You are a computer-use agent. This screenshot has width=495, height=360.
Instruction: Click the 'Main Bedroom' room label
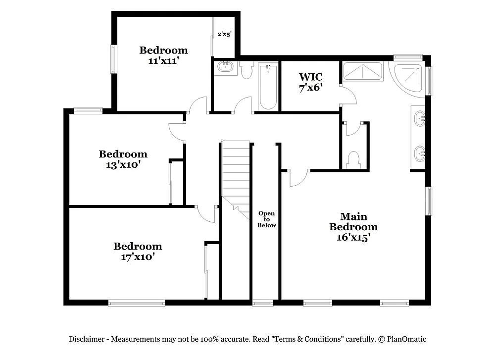coord(353,222)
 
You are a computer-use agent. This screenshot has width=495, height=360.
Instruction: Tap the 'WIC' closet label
coord(310,77)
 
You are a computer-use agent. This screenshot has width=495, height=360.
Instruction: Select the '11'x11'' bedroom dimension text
coord(163,61)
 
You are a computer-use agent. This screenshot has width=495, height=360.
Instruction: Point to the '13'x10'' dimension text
coord(123,165)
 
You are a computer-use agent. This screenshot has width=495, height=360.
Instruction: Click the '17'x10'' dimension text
coord(138,257)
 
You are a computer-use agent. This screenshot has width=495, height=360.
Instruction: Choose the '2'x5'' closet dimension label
coord(224,35)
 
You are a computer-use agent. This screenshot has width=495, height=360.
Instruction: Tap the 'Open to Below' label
coord(266,219)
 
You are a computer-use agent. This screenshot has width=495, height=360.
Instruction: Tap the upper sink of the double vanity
coord(419,118)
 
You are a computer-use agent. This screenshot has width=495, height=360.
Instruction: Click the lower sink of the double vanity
coord(419,154)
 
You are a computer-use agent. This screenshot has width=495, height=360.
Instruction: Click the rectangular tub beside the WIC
coord(363,72)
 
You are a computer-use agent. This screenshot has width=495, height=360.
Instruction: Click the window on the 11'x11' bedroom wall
coord(113,59)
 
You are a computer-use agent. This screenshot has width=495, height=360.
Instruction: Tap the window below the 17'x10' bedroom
coord(136,303)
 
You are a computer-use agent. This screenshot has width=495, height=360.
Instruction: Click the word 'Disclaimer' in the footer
coord(86,339)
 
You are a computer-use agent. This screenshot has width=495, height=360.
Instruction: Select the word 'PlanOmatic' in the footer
coord(407,339)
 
